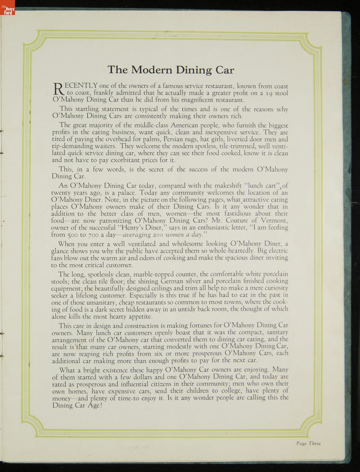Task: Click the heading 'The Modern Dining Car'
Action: pos(171,70)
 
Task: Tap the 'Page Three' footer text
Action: pos(308,444)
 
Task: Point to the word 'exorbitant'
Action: pos(126,160)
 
